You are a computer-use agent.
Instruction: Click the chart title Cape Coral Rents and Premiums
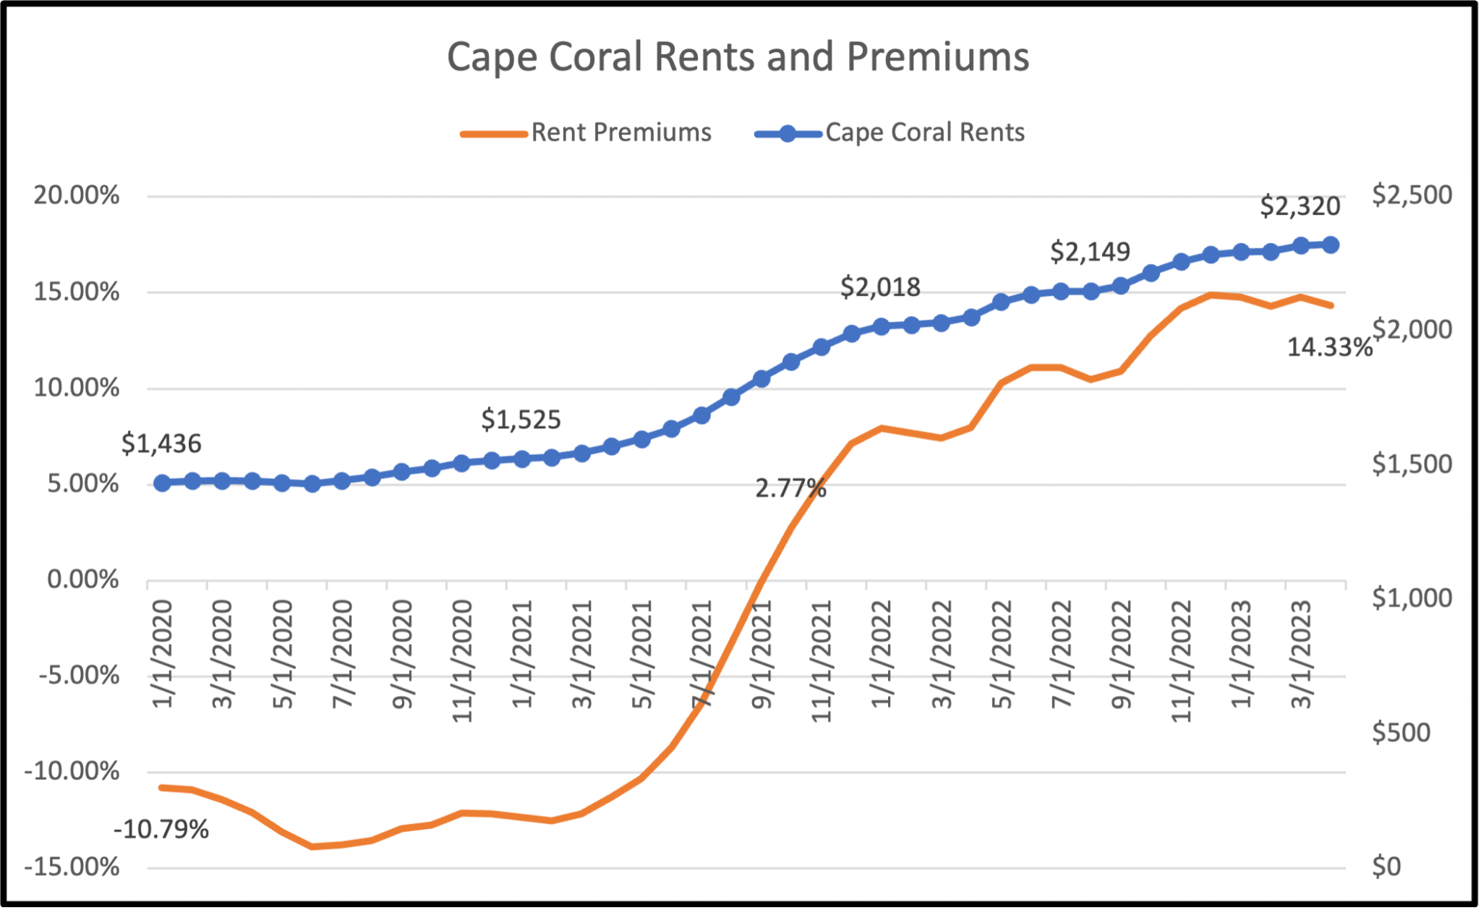[738, 56]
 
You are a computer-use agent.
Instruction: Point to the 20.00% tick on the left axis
[76, 195]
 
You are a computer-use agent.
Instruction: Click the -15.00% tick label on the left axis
[72, 867]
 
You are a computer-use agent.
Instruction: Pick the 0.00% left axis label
[82, 580]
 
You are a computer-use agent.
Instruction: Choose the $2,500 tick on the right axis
[1412, 195]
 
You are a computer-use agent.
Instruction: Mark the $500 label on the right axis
[1401, 733]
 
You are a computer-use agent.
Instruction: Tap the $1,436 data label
[161, 444]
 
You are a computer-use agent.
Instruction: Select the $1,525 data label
[521, 420]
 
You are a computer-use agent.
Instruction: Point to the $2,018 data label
[880, 288]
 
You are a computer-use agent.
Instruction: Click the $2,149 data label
[1090, 252]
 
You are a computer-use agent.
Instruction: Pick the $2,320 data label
[1299, 207]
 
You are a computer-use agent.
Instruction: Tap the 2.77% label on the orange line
[790, 490]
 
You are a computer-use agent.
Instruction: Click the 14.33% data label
[1329, 348]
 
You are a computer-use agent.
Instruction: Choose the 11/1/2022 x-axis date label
[1180, 660]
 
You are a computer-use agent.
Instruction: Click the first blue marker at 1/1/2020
[163, 483]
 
